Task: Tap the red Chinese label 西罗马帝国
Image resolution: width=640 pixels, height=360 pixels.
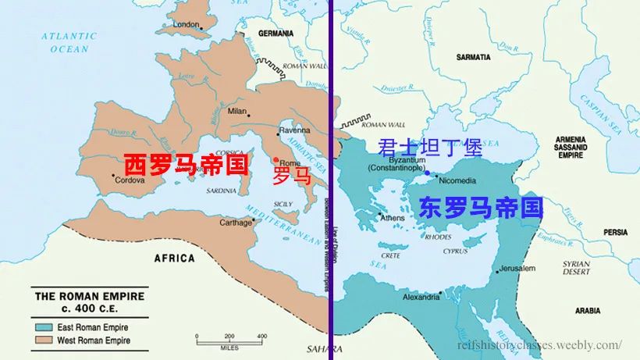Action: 186,165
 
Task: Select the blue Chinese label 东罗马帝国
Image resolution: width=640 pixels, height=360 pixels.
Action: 480,207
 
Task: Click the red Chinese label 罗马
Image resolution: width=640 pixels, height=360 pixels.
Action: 291,176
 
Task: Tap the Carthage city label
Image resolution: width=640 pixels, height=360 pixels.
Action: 235,223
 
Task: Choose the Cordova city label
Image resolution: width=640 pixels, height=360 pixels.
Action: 130,180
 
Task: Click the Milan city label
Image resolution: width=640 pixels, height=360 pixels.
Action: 236,111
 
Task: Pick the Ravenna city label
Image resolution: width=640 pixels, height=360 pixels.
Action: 294,130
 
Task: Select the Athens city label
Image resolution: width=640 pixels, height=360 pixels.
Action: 392,218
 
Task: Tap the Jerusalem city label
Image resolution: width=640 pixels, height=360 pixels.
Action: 517,269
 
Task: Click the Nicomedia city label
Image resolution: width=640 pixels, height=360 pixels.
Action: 457,180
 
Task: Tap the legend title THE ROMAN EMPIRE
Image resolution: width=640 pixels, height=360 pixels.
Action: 89,297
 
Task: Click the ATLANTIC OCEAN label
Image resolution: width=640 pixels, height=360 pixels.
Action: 69,42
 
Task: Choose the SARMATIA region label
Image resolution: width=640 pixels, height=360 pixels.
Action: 474,57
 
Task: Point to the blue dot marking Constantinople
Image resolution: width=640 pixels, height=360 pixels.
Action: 427,173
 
